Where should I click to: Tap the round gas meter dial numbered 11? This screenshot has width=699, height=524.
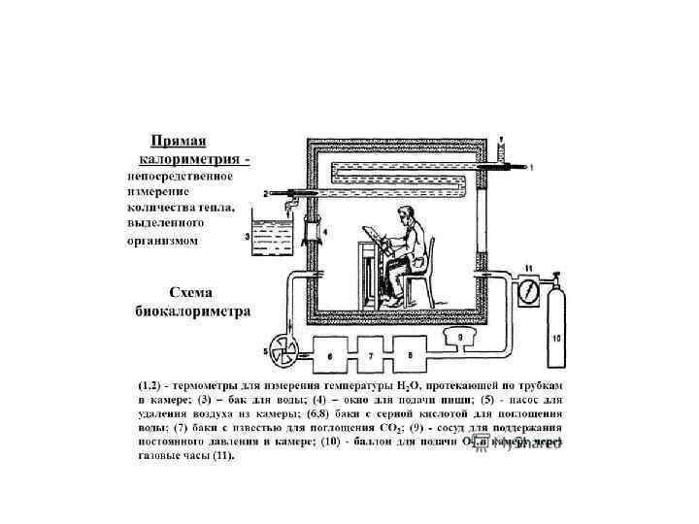[x=529, y=290]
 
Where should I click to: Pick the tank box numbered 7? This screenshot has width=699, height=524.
[x=371, y=355]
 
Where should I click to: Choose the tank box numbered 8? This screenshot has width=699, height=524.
[x=412, y=355]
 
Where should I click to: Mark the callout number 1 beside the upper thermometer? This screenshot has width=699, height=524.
[x=531, y=168]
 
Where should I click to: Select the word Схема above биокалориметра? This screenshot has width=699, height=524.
[x=191, y=293]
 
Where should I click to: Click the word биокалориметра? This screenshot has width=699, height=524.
[x=191, y=311]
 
